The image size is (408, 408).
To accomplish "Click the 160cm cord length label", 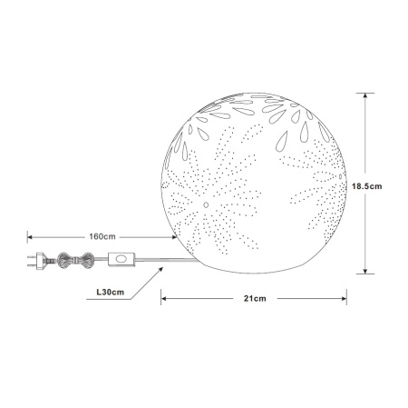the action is (x=102, y=236).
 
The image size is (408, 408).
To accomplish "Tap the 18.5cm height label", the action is (x=367, y=186).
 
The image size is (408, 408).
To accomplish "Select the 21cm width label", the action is (x=255, y=299).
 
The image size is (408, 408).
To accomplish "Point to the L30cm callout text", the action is (x=111, y=293).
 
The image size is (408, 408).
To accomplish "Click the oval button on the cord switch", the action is (x=121, y=259).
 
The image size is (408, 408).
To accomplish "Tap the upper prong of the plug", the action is (x=32, y=257).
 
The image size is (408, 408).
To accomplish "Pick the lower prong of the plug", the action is (x=32, y=265).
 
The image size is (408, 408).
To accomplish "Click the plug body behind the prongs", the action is (x=41, y=261).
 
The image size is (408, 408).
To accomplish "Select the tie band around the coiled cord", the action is (x=76, y=260).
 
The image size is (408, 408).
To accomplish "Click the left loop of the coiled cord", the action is (x=65, y=260).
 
